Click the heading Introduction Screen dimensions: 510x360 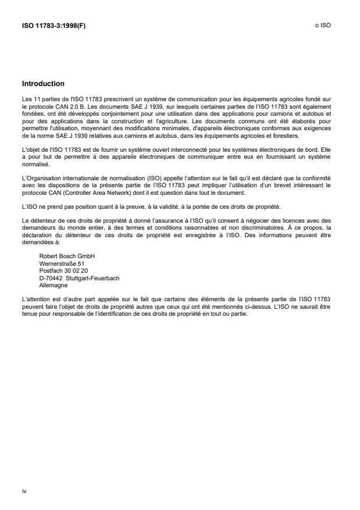(x=43, y=84)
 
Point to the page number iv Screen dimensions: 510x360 (x=24, y=491)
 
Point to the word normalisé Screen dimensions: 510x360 (x=34, y=165)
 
